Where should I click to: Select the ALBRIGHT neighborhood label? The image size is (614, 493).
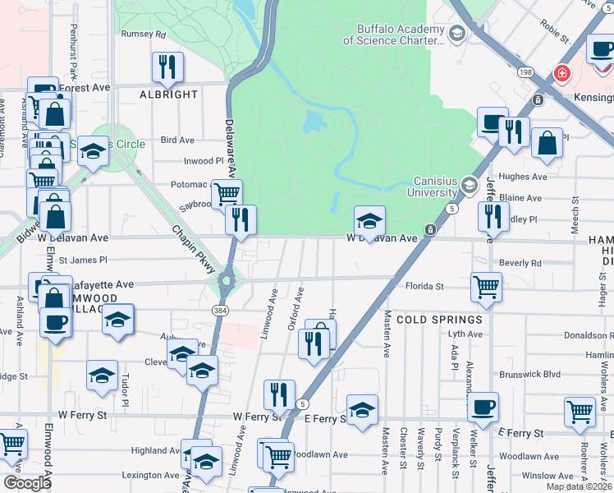(169, 94)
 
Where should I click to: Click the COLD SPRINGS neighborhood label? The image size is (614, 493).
(439, 319)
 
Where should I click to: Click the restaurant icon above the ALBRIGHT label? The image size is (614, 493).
(167, 67)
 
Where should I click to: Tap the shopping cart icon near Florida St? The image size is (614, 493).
(486, 288)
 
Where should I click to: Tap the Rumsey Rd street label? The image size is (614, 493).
(144, 35)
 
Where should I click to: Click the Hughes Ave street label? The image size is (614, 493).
(529, 177)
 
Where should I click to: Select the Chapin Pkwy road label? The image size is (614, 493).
(194, 249)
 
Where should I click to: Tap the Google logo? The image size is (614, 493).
(28, 482)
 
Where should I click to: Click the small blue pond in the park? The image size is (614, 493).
(313, 123)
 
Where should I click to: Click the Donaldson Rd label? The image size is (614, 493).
(588, 336)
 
